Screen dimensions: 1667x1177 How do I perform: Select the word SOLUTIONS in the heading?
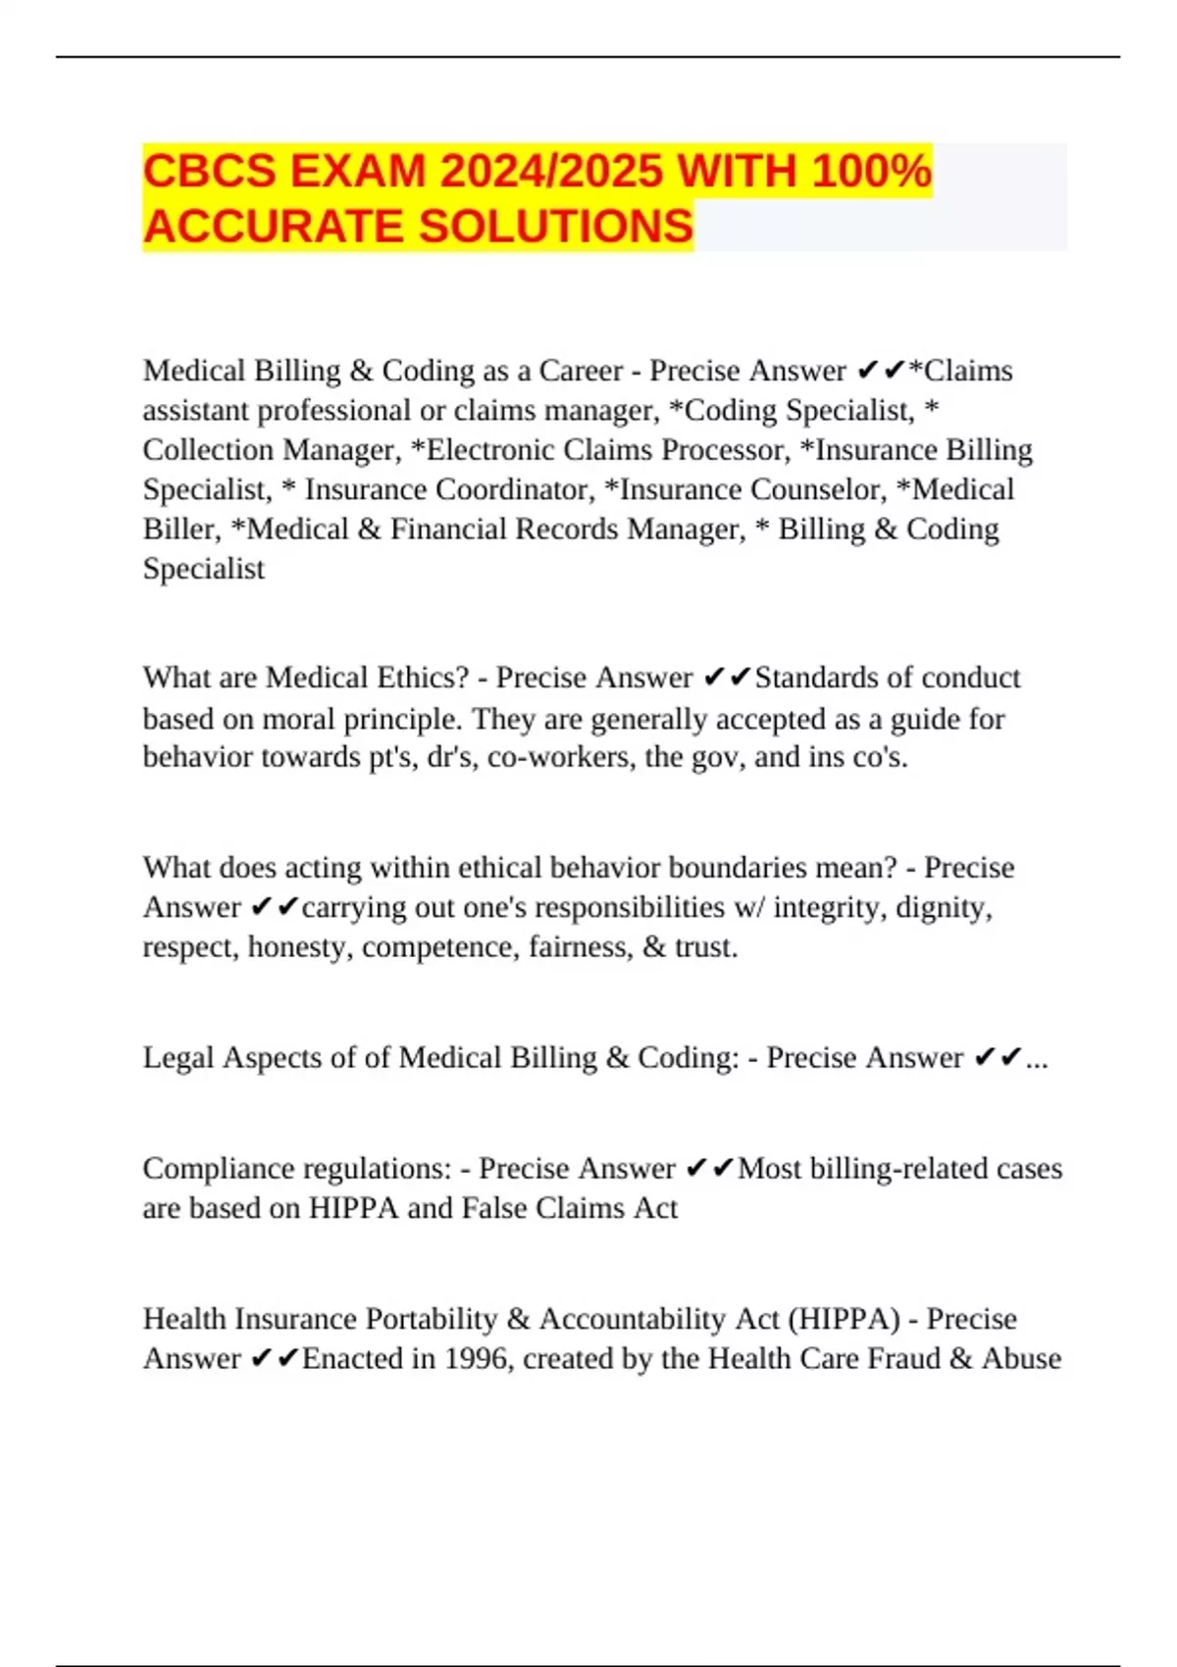click(x=556, y=227)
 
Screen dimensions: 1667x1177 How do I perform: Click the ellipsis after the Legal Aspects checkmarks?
click(x=1037, y=1059)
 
